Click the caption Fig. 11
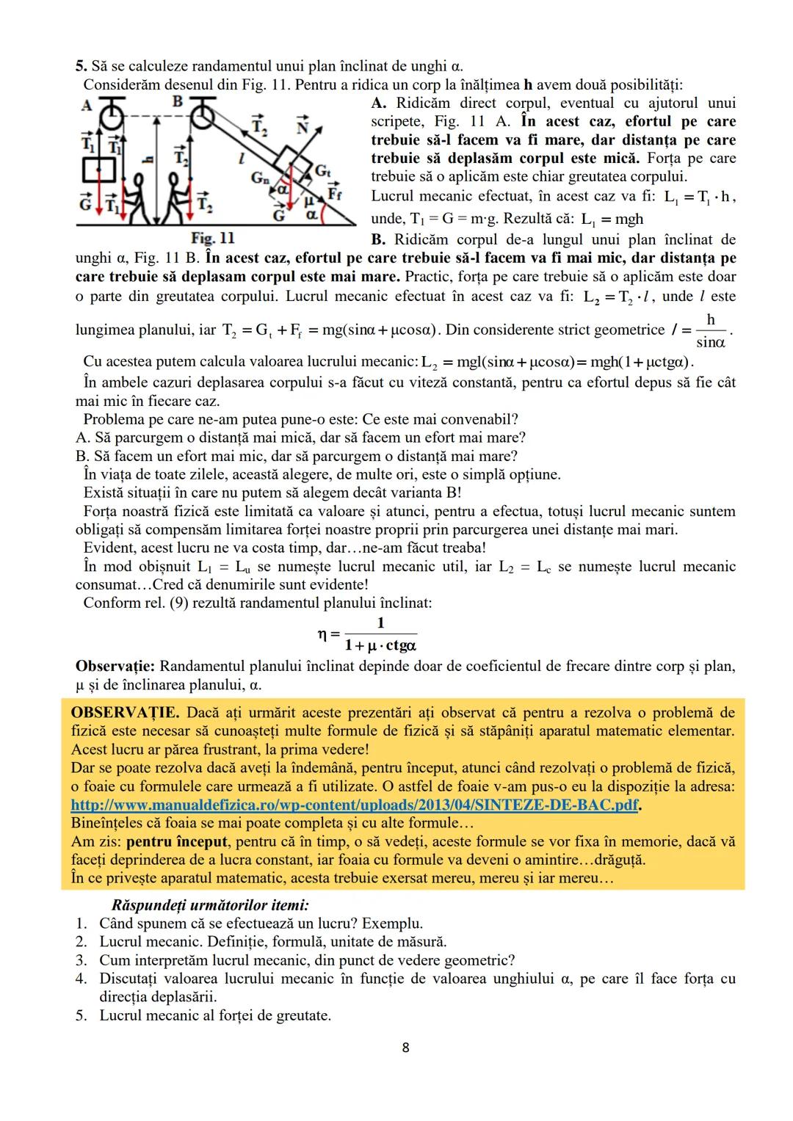point(212,238)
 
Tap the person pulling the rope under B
point(175,198)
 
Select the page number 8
point(405,1048)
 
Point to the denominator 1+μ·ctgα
point(380,646)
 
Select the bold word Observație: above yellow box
point(115,666)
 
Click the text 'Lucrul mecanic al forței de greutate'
point(215,1015)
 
